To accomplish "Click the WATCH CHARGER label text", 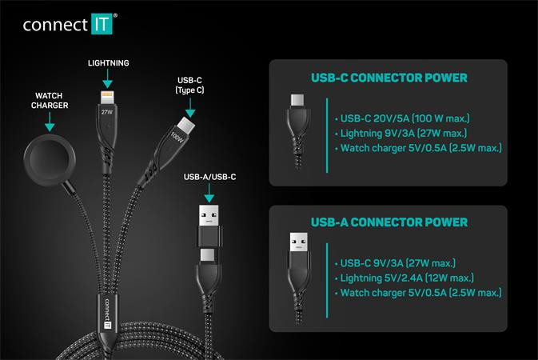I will click(50, 99).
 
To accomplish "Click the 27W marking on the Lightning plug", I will click(106, 113).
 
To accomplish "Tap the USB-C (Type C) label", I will click(188, 86).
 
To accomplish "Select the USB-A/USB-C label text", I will click(209, 176).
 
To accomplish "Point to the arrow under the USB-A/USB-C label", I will click(209, 192).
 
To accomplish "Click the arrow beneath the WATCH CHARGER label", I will click(50, 122).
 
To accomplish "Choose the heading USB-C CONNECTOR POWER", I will click(389, 78).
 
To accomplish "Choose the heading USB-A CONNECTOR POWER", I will click(389, 222).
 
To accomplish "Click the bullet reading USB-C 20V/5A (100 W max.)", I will click(408, 116).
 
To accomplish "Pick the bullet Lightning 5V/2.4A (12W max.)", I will click(404, 277).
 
